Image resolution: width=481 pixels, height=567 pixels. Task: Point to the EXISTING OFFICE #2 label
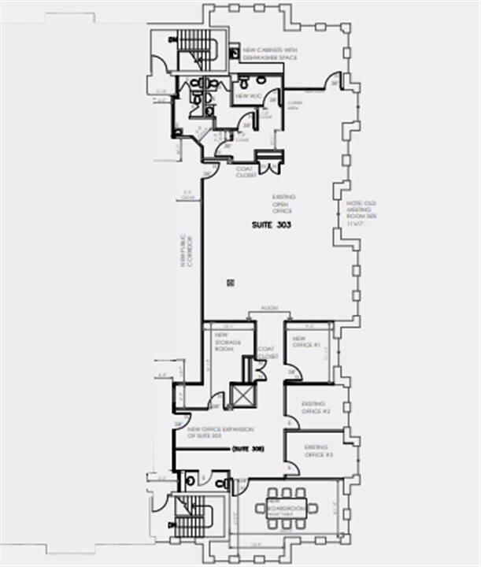point(316,407)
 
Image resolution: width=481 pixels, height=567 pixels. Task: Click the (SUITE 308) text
point(247,449)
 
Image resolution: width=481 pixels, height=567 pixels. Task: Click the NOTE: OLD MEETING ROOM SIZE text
point(356,211)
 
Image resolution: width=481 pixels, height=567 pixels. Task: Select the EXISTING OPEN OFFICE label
point(283,203)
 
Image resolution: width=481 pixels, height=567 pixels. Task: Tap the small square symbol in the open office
point(230,281)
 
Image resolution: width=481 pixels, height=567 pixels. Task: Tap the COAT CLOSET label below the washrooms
point(246,171)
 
